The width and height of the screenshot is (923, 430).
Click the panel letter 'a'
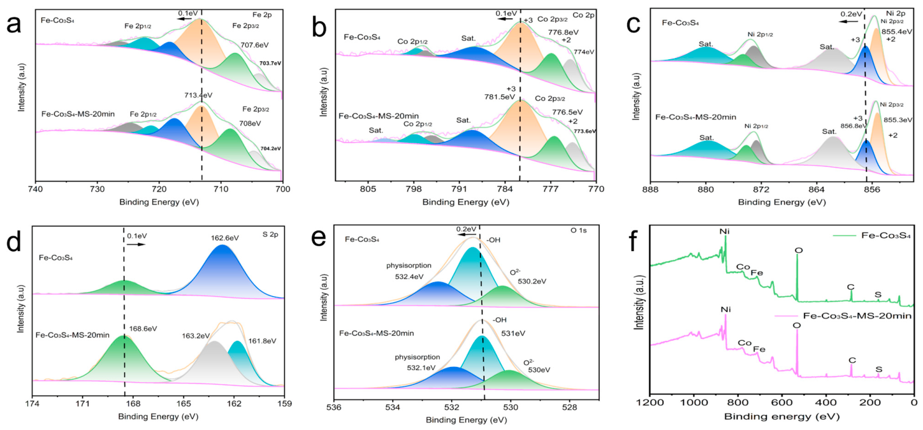point(14,25)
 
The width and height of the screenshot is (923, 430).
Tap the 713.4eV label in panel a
point(198,95)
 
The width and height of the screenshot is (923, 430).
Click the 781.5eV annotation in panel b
point(499,97)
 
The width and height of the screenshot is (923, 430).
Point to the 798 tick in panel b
point(414,189)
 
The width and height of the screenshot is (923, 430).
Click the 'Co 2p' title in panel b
point(583,15)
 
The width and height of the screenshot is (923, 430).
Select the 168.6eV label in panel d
point(143,329)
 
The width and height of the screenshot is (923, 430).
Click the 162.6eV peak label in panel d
point(224,238)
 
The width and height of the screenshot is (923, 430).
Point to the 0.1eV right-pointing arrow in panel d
point(136,244)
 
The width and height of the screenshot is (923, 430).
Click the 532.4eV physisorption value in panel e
point(409,276)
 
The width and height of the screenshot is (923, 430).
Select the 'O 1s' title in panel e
point(579,230)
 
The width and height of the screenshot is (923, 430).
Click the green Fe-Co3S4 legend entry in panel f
point(872,236)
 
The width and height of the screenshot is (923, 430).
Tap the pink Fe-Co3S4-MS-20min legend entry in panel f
point(843,316)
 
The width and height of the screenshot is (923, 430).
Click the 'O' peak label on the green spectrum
point(799,250)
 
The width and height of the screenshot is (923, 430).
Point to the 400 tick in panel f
point(826,402)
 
